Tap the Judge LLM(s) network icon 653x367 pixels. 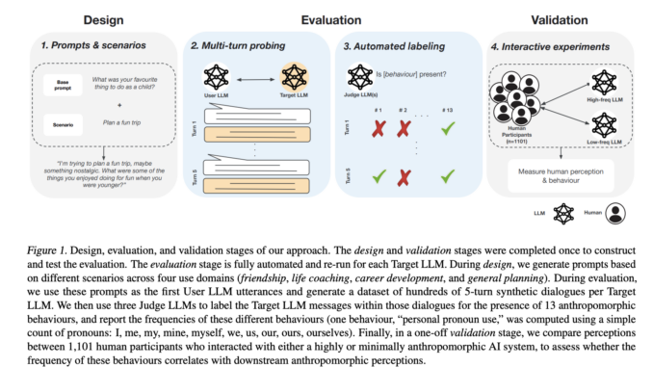361,75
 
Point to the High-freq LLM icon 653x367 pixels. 604,80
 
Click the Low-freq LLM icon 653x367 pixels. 604,123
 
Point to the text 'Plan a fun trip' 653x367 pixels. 118,122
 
